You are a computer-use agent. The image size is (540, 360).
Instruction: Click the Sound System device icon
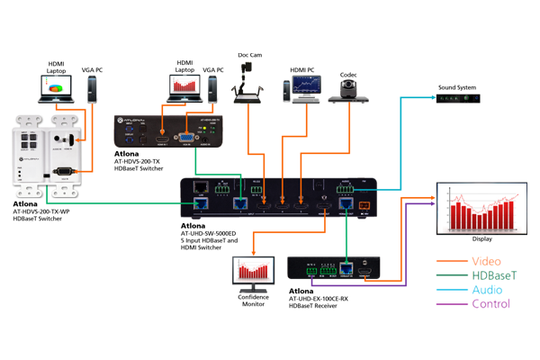click(x=457, y=100)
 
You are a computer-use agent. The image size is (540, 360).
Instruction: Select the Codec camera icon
click(x=348, y=89)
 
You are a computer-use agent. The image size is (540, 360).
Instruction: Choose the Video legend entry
click(x=485, y=262)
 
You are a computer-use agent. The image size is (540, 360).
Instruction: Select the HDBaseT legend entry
click(x=494, y=276)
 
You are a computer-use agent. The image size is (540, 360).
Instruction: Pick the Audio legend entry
click(x=487, y=290)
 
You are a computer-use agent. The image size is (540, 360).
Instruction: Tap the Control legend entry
click(x=490, y=304)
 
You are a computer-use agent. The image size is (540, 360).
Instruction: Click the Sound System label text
click(x=457, y=87)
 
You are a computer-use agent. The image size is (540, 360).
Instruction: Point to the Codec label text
click(x=348, y=75)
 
